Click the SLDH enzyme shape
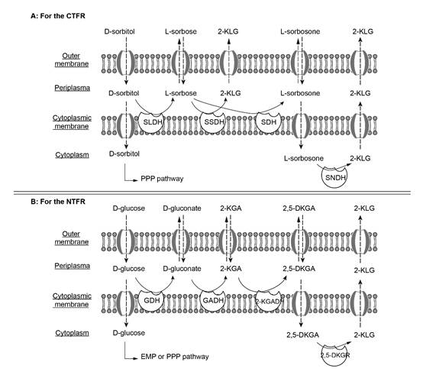coord(153,122)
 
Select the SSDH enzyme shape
coord(213,122)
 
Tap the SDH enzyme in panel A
coord(269,122)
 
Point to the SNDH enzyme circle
coord(334,177)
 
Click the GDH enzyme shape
coord(152,300)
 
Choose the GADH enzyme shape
coord(213,300)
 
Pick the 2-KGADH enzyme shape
coord(269,301)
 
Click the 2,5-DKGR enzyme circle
coord(335,355)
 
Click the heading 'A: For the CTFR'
coord(58,16)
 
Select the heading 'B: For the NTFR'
coord(58,202)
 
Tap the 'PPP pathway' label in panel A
coord(162,179)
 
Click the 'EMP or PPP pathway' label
coord(175,357)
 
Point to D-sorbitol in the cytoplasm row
coord(124,154)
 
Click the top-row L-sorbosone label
coord(300,31)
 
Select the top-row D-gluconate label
coord(182,209)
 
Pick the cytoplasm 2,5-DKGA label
coord(302,335)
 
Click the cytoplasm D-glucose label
coord(129,333)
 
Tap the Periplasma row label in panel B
coord(72,266)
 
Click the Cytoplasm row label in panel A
coord(72,155)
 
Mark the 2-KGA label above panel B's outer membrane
coord(231,209)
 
